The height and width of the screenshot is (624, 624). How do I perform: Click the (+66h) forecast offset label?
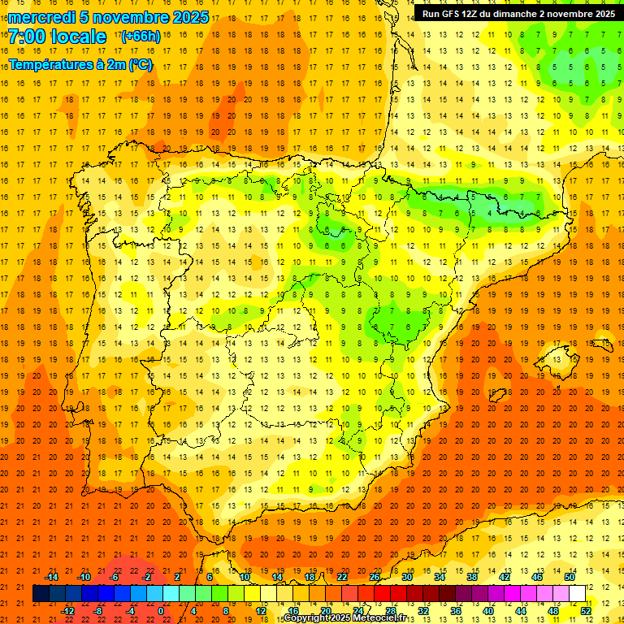click(140, 37)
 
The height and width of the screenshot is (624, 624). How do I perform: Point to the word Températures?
click(51, 64)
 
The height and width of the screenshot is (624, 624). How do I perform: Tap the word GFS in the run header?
click(453, 14)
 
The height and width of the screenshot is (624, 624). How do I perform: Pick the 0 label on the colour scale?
click(161, 611)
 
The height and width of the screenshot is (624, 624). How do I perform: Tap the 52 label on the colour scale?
click(586, 611)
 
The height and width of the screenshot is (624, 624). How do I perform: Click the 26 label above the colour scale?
click(375, 577)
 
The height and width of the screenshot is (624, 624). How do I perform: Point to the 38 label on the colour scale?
click(471, 577)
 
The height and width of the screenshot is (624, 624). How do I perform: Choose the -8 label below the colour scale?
click(98, 611)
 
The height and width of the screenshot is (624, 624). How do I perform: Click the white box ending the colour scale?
click(577, 594)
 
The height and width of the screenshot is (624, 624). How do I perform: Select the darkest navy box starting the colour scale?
click(41, 594)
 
